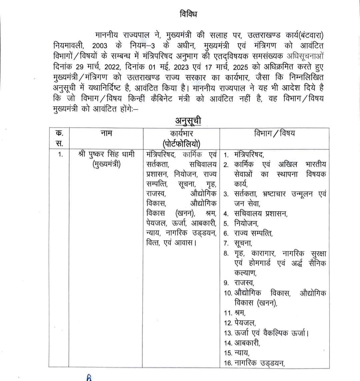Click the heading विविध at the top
coord(188,15)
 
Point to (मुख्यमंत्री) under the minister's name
coord(106,165)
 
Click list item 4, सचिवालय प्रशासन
coord(260,213)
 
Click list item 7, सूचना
coord(243,243)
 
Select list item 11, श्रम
coord(239,313)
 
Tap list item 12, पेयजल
coord(244,323)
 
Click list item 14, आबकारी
coord(247,343)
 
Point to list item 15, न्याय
coord(241,353)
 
